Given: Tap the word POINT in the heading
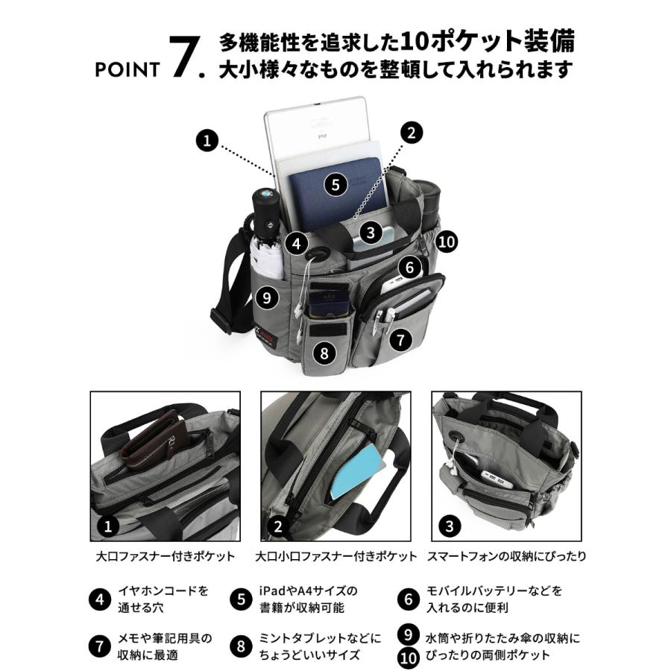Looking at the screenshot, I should tap(127, 70).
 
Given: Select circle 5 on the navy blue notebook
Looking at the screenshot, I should tap(337, 184).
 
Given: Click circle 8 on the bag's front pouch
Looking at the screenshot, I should tap(324, 353).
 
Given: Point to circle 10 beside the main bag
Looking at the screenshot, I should tap(447, 240).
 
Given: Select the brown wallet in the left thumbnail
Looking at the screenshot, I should tap(153, 440).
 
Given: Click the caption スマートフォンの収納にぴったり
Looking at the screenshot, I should tap(507, 556).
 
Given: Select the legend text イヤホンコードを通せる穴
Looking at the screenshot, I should tap(163, 599).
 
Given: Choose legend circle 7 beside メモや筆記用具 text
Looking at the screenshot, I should tap(99, 646).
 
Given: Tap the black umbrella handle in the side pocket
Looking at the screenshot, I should tap(265, 205).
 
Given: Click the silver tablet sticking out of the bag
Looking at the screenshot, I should tap(317, 127).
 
